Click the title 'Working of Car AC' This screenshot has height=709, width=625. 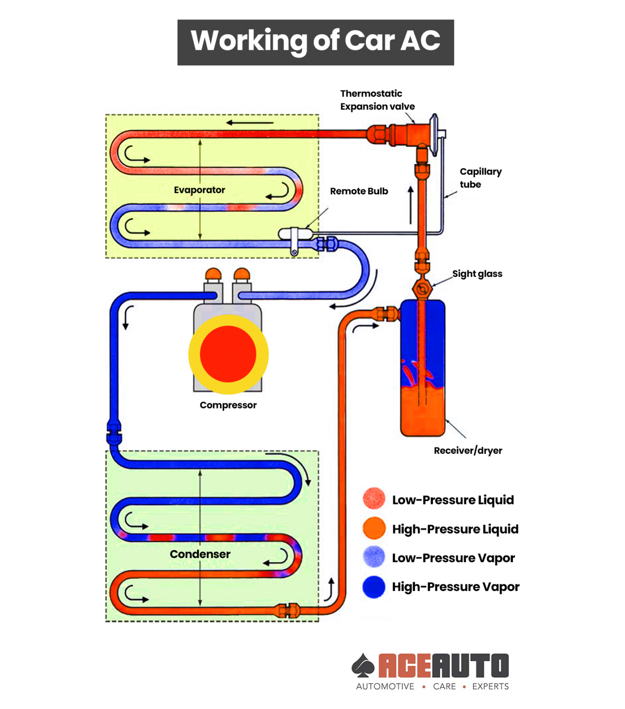pyautogui.click(x=315, y=42)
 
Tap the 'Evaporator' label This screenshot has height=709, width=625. pyautogui.click(x=199, y=190)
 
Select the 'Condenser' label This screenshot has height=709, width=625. pyautogui.click(x=200, y=554)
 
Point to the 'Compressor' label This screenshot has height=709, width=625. pyautogui.click(x=228, y=405)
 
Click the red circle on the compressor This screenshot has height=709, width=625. pyautogui.click(x=228, y=354)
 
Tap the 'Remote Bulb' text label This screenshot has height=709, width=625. pyautogui.click(x=359, y=192)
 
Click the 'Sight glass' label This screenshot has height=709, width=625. pyautogui.click(x=477, y=274)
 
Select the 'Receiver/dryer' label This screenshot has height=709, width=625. pyautogui.click(x=468, y=451)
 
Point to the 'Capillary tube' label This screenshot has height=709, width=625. pyautogui.click(x=481, y=178)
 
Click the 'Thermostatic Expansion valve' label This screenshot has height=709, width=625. pyautogui.click(x=377, y=100)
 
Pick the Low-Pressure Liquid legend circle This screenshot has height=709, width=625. pyautogui.click(x=374, y=499)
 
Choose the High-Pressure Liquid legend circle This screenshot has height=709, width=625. pyautogui.click(x=374, y=528)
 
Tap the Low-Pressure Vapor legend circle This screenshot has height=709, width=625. pyautogui.click(x=374, y=557)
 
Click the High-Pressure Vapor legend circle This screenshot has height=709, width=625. pyautogui.click(x=374, y=587)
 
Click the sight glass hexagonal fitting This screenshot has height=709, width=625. pyautogui.click(x=422, y=289)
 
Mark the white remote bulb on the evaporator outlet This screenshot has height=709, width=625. pyautogui.click(x=296, y=234)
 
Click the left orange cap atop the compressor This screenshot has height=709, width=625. pyautogui.click(x=214, y=274)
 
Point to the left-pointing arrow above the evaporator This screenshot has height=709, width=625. pyautogui.click(x=250, y=123)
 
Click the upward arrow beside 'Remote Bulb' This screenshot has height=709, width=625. pyautogui.click(x=411, y=205)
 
